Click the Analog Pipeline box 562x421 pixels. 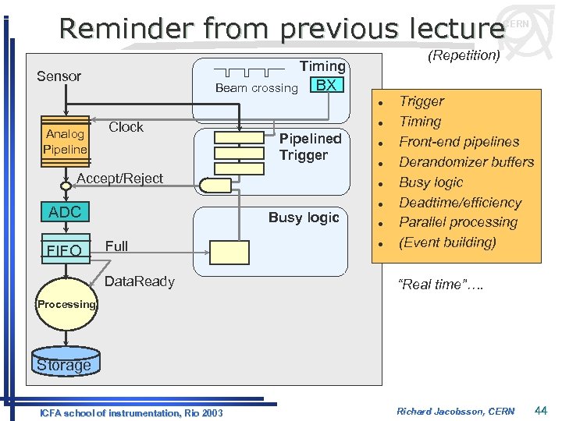66,141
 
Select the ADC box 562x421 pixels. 65,212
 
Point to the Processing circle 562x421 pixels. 66,305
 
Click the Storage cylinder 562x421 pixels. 64,365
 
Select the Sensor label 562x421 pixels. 59,76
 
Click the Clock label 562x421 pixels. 126,127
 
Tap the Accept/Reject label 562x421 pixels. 120,179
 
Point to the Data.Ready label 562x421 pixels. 139,281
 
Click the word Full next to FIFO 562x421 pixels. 116,246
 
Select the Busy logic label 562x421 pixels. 304,218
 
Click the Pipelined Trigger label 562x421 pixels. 310,147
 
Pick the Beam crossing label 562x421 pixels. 256,88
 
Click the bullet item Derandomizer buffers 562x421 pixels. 466,162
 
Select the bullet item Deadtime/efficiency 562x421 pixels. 460,203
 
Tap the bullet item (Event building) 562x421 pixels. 447,242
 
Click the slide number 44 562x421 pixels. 541,410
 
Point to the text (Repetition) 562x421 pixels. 464,55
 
